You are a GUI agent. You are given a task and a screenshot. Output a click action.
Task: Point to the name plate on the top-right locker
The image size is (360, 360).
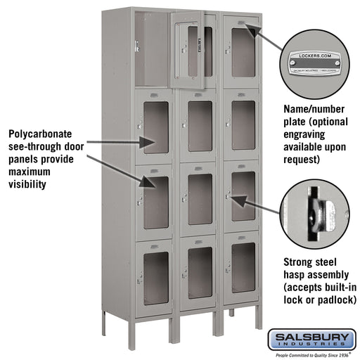click(243, 23)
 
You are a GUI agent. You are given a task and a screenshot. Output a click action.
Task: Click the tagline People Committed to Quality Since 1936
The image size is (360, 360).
click(314, 356)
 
